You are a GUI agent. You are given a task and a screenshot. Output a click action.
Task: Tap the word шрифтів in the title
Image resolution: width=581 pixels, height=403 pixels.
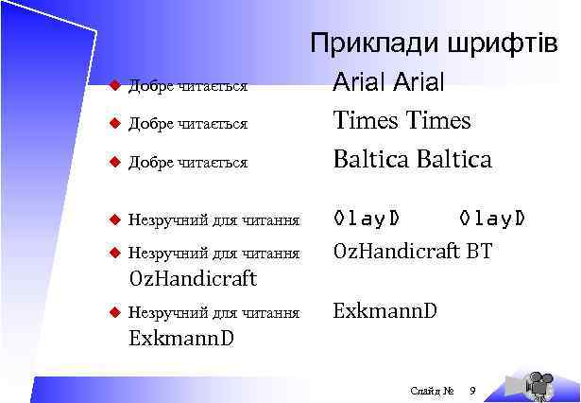[501, 44]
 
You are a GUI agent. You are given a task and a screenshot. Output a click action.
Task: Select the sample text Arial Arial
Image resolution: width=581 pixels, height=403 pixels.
[388, 83]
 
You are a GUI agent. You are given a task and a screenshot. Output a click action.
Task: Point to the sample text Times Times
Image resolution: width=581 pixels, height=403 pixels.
[402, 121]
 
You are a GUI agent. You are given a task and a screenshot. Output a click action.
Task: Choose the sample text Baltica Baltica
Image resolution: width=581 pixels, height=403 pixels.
[412, 160]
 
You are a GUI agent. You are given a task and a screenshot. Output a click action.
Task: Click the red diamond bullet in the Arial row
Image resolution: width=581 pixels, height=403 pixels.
[113, 86]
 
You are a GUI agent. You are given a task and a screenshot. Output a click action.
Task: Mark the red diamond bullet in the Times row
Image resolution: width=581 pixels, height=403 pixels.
[113, 123]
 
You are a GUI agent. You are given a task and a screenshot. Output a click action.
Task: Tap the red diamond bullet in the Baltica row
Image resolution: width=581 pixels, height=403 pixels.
[113, 162]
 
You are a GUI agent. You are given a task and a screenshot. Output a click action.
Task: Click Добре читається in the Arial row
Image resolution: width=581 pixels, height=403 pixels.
[187, 87]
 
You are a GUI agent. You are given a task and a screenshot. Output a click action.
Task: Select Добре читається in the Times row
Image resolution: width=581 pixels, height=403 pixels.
[187, 124]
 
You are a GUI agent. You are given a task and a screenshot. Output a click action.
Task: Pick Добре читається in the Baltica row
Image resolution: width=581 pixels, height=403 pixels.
[187, 163]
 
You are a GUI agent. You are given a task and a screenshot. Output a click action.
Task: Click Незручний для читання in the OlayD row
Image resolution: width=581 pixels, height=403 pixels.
[214, 220]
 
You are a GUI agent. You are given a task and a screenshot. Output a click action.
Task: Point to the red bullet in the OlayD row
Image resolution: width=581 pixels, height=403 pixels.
[113, 219]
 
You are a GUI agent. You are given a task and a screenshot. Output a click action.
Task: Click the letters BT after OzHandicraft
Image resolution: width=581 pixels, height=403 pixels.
[478, 253]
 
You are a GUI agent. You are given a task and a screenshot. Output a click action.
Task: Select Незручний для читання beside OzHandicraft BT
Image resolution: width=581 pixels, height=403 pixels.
[214, 254]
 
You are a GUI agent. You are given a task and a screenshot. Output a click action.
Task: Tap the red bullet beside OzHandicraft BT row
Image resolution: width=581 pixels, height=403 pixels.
[113, 253]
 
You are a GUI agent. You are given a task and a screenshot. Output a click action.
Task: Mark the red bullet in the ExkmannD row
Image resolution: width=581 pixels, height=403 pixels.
[113, 311]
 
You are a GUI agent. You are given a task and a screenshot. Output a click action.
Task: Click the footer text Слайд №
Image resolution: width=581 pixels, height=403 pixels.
[433, 390]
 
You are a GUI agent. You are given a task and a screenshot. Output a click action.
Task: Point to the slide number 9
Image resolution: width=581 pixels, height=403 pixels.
[473, 390]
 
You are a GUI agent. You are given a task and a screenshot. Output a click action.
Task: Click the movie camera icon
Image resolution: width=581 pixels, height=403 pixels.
[537, 383]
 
